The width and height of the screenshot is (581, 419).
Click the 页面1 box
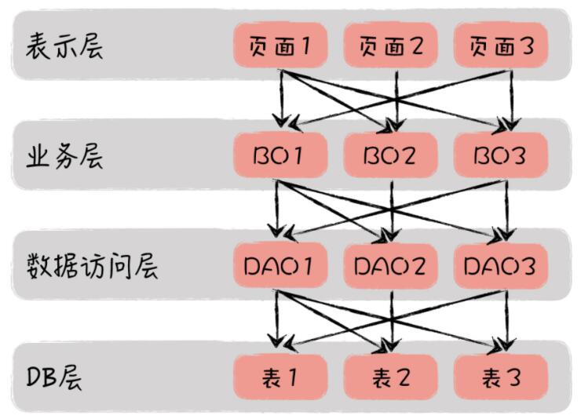pos(280,46)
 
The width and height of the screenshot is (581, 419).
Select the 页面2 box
pos(390,46)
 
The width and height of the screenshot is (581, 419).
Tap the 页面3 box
pos(501,46)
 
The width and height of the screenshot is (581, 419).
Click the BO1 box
pos(280,156)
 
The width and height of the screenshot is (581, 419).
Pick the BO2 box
pos(390,156)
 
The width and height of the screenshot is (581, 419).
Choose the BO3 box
pos(501,156)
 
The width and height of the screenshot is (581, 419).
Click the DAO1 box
pos(280,266)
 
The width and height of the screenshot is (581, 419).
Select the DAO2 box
pos(390,266)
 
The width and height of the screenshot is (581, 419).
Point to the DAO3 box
pos(501,266)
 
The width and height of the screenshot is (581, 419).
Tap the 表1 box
pos(280,377)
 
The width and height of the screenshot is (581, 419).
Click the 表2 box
pos(390,377)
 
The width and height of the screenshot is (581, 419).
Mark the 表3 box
pos(501,377)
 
